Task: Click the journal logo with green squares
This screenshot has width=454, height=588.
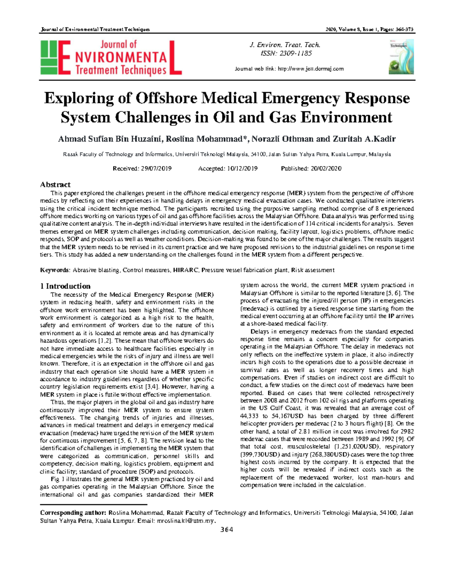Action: tap(110, 58)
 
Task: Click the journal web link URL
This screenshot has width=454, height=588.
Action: tap(311, 69)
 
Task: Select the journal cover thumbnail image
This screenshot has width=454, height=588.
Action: tap(401, 57)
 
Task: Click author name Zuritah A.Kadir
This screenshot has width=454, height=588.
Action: tap(364, 139)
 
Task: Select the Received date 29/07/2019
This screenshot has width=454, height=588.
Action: tap(156, 168)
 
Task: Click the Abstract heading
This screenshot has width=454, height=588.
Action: tap(55, 185)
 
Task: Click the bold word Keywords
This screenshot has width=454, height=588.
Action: tap(55, 270)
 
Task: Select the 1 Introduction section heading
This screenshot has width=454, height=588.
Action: tap(65, 286)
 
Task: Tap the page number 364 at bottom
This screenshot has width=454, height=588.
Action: tap(227, 530)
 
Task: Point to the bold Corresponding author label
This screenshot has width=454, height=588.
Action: tap(73, 513)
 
